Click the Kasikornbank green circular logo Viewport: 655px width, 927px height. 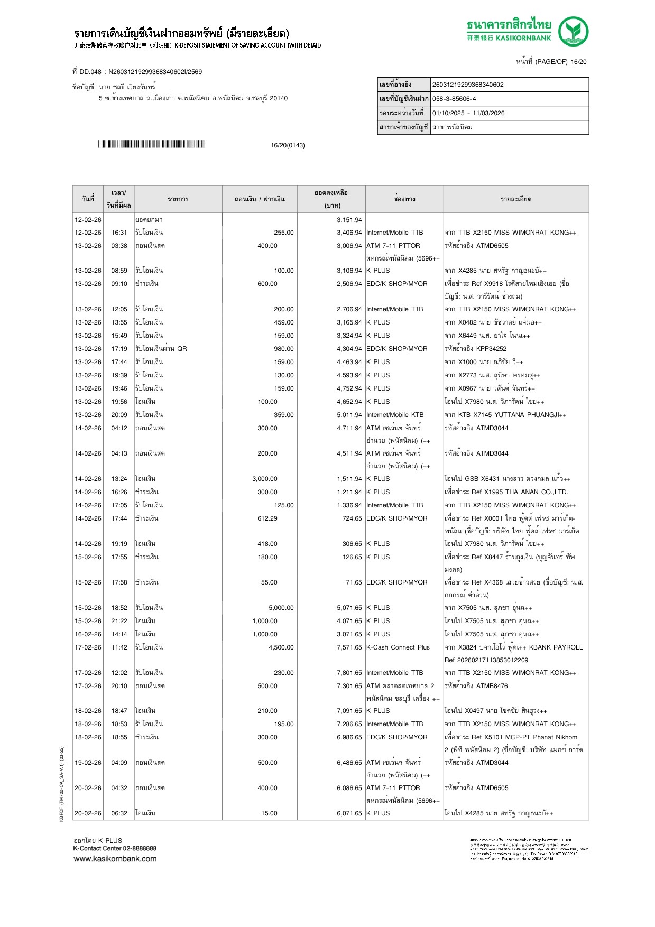tap(573, 31)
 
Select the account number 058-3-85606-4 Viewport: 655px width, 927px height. tap(454, 99)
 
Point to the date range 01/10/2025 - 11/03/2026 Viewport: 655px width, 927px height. tap(468, 113)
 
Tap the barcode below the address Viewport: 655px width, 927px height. tap(151, 144)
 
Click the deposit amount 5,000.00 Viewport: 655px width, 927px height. tap(281, 608)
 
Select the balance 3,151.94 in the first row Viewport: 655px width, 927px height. tap(349, 220)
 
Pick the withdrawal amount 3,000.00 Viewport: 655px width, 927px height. tap(264, 479)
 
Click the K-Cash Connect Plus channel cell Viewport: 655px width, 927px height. tap(398, 647)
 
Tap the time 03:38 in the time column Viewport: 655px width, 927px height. tap(119, 246)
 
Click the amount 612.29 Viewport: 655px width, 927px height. tap(267, 518)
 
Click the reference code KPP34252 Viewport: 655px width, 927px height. tap(491, 349)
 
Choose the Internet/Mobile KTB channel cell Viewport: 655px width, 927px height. tap(394, 415)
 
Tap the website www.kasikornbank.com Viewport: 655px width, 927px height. tap(115, 859)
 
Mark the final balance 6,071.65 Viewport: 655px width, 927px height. tap(349, 813)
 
